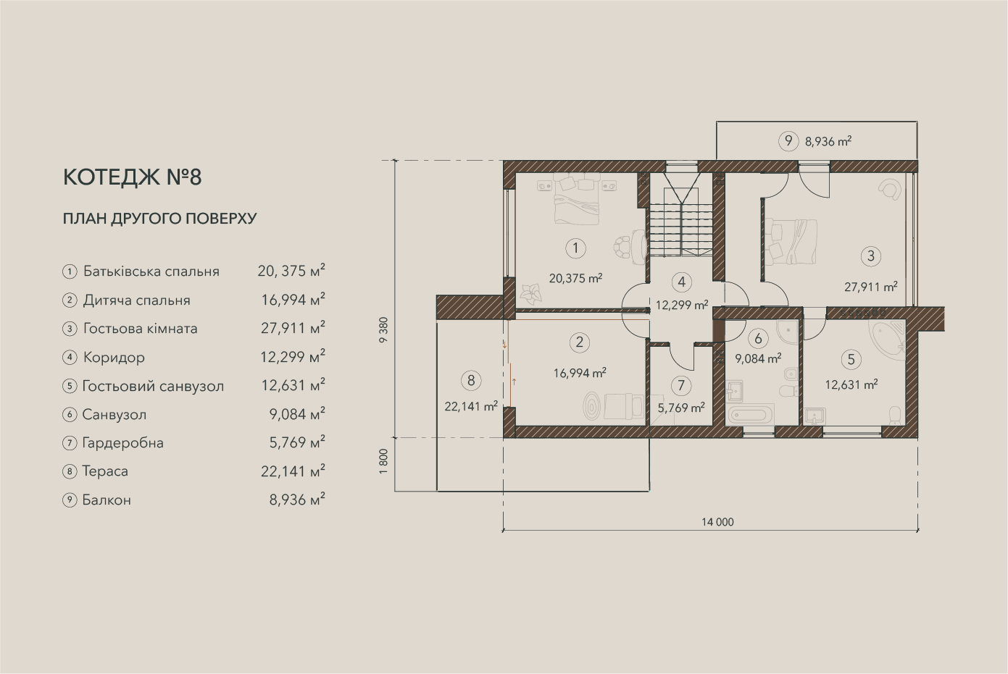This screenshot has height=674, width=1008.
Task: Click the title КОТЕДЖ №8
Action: tap(133, 177)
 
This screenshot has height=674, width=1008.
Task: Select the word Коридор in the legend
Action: tap(114, 358)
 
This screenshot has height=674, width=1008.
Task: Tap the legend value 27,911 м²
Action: tap(293, 328)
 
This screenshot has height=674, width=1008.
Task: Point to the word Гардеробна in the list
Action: tap(123, 443)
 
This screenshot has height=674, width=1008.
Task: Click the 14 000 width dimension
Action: tap(717, 522)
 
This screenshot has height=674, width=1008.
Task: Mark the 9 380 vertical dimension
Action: tap(383, 330)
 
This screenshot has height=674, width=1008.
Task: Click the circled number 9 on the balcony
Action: tap(788, 141)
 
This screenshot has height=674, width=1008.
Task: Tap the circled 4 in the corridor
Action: tap(681, 282)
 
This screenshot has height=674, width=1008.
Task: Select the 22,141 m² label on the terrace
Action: tap(471, 406)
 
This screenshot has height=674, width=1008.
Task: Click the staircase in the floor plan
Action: tap(680, 216)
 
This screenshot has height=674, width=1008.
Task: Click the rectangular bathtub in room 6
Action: tap(750, 414)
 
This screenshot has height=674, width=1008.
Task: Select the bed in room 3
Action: tap(792, 241)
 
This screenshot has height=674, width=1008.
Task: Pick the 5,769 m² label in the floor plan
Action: tap(681, 408)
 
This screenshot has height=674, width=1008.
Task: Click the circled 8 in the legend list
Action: tap(70, 472)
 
